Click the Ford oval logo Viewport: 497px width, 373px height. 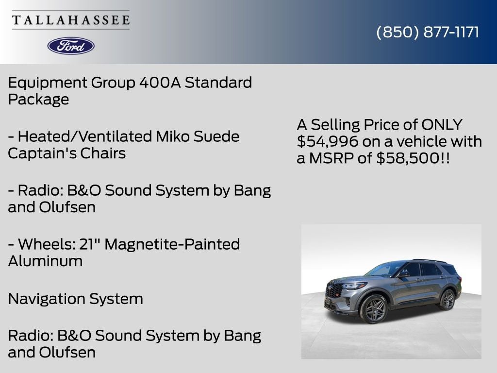[71, 46]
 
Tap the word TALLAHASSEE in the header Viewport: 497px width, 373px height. [71, 20]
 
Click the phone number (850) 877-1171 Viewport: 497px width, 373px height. [428, 32]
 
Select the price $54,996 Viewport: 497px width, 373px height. [328, 141]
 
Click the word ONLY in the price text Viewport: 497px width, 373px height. [442, 125]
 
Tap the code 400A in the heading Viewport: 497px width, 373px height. [160, 83]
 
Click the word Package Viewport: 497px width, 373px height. [38, 100]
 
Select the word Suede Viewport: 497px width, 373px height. [216, 136]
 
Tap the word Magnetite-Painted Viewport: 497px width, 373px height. [172, 244]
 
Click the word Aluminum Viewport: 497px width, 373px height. [45, 261]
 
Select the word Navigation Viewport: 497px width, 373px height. [46, 299]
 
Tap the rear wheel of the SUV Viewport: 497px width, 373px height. [447, 300]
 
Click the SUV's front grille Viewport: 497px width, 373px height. [334, 290]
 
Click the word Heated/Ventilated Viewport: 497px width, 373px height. [85, 136]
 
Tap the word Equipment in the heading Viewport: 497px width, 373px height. [48, 83]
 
